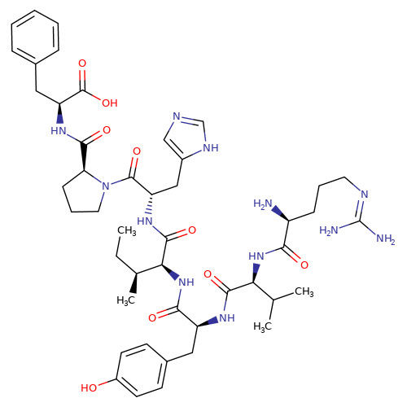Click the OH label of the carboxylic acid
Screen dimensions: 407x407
[110, 103]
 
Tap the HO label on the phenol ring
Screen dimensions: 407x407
[89, 387]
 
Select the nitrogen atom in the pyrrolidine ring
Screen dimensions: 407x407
[106, 186]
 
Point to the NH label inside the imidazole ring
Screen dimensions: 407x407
[211, 147]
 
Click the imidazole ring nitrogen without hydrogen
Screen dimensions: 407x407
[177, 116]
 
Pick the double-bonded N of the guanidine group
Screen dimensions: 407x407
[365, 195]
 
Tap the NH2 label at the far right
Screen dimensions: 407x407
[386, 239]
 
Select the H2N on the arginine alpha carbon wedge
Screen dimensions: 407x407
[263, 203]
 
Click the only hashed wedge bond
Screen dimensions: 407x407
[150, 204]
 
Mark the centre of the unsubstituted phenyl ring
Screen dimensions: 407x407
[35, 35]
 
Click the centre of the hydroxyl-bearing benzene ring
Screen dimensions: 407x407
[142, 370]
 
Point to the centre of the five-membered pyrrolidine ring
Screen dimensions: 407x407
[82, 192]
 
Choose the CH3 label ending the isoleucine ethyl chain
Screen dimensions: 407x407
[126, 231]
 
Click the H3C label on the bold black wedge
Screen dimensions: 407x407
[125, 300]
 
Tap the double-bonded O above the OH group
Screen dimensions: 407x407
[82, 63]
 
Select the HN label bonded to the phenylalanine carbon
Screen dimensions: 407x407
[59, 130]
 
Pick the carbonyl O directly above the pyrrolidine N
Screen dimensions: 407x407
[137, 151]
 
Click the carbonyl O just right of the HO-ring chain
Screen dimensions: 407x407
[152, 317]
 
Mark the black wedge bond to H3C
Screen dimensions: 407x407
[134, 282]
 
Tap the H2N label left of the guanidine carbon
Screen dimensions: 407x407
[329, 230]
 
